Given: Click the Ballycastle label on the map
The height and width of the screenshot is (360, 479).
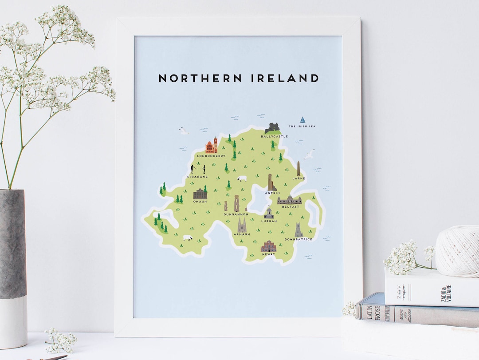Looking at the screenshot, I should (274, 136).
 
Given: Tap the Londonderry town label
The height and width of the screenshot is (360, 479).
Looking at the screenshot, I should (211, 156).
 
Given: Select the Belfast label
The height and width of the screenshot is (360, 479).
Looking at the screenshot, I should (290, 207).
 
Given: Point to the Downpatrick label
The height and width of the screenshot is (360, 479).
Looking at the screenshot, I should (298, 239).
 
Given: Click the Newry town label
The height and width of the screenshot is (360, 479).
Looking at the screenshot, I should (268, 254).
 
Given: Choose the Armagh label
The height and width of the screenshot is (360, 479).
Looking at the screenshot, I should (242, 234).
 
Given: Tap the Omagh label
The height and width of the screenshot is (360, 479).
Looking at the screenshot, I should (200, 202).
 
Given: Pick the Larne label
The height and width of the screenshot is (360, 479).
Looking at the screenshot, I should (298, 178).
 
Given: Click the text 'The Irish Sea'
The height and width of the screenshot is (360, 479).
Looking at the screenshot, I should (302, 127).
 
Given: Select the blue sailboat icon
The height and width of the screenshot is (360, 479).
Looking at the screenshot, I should (302, 120).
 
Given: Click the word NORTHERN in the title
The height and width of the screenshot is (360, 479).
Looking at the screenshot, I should (200, 79).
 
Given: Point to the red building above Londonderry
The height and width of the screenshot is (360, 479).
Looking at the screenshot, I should (212, 146).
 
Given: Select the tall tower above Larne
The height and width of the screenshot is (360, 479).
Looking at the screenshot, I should (298, 169).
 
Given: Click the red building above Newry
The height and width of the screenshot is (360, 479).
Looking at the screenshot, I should (268, 246).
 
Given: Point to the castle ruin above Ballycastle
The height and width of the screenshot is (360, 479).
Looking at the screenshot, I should (273, 128).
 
